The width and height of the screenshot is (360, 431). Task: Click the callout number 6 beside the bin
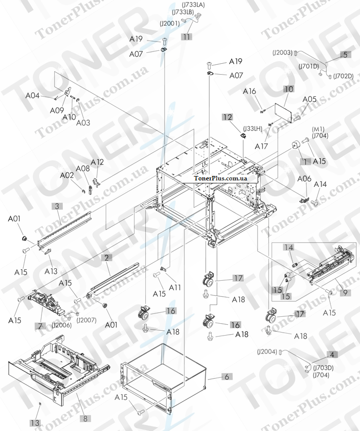(x=226, y=377)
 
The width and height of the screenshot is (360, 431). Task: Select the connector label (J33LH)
(x=252, y=129)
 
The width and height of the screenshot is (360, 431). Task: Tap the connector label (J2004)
(x=267, y=351)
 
